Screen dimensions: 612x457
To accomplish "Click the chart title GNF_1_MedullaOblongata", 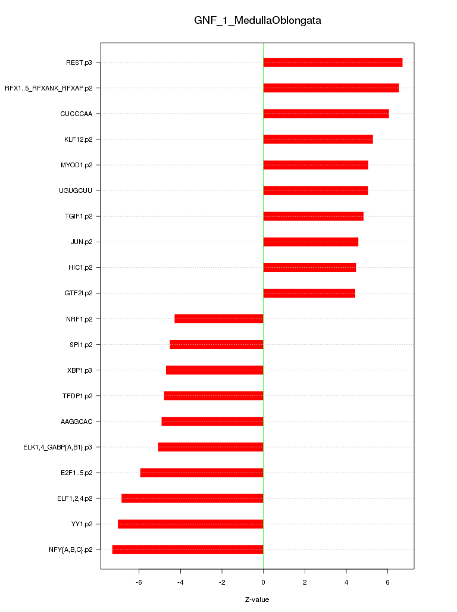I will [258, 20].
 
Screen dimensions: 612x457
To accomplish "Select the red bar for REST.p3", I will [333, 63].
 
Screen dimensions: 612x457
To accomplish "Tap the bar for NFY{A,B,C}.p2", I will [187, 549].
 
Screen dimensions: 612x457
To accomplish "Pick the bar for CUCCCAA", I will [326, 114].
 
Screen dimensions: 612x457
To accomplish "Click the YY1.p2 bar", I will [190, 524].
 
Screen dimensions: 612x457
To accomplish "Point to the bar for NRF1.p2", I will [219, 319].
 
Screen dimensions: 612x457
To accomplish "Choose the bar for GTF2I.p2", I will [309, 293].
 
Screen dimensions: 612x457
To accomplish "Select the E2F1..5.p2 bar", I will [202, 473].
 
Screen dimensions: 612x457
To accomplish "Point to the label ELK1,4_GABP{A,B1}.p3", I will [58, 447].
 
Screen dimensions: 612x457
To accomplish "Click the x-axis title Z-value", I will [257, 599].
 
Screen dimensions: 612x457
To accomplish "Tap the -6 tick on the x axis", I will [139, 582].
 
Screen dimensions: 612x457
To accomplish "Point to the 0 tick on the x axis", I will [263, 582].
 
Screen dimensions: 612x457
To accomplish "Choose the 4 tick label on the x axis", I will [346, 582].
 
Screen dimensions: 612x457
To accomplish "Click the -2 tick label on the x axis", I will [222, 582].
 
